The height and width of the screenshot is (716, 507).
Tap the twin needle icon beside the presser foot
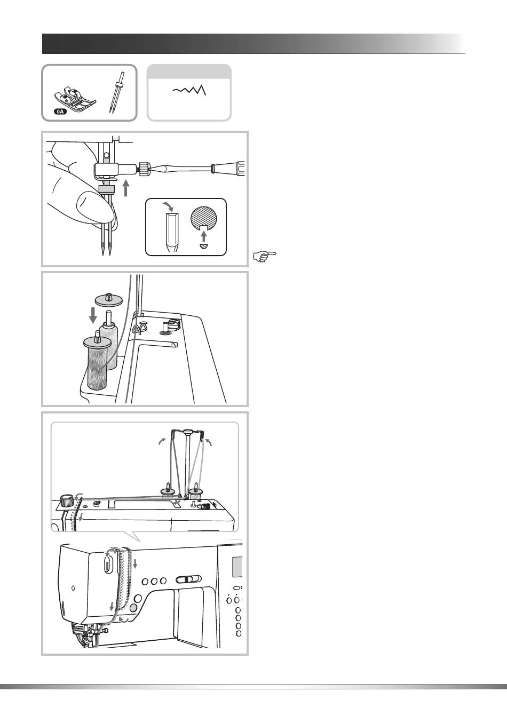[x=115, y=91]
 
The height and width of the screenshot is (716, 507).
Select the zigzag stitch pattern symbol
[x=189, y=91]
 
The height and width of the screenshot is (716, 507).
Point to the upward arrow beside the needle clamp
[x=126, y=188]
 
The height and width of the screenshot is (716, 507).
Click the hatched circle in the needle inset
[x=205, y=219]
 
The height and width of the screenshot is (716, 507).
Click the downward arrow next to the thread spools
[x=93, y=314]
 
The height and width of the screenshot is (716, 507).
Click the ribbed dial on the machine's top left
[x=66, y=500]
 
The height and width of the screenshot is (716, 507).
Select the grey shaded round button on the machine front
[x=133, y=607]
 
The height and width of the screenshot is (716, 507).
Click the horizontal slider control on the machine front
[x=188, y=579]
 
